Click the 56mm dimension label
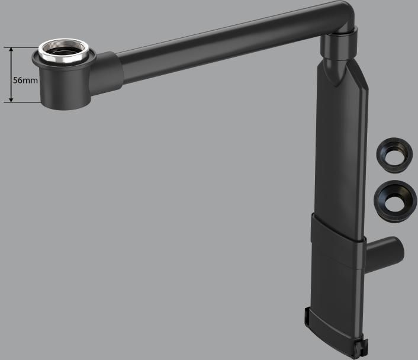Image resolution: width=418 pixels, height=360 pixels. coord(25,80)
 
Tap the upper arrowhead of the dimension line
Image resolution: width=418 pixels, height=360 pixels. coord(11,50)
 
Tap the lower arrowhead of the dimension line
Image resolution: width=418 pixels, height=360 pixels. coord(11,99)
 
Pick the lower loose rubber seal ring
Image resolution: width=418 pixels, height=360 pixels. coord(395,201)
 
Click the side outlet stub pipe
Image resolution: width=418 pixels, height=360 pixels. coord(384,255)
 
